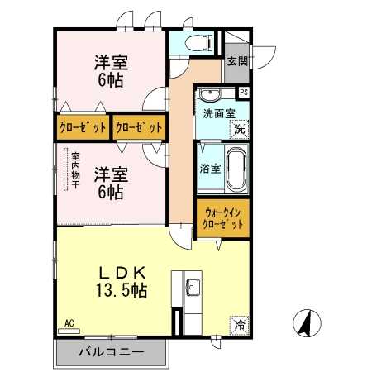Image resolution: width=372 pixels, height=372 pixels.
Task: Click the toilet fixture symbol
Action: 198,43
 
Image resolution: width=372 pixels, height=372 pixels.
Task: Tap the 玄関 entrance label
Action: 237,61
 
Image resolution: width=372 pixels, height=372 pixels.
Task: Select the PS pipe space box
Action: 244,93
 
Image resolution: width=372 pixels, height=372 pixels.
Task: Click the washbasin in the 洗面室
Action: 210,95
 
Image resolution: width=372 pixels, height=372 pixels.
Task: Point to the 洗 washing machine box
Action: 240,129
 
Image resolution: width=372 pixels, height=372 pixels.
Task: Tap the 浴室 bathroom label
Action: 210,169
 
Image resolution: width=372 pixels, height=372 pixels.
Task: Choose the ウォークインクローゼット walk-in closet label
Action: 223,218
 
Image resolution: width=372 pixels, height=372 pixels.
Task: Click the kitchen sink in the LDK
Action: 193,287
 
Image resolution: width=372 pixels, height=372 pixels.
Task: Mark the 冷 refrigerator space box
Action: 240,325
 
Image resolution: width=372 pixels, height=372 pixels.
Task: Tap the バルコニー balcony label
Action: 112,352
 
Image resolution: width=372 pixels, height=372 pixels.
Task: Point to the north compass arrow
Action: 307,323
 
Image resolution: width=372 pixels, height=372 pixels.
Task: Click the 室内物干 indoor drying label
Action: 75,170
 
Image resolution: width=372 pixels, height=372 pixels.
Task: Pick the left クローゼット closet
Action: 83,127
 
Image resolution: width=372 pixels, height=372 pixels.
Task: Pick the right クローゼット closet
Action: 139,127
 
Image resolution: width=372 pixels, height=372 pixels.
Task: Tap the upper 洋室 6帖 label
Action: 111,71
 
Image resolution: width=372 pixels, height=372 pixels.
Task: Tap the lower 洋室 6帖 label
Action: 111,183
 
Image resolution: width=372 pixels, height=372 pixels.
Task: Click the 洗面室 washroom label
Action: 219,113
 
